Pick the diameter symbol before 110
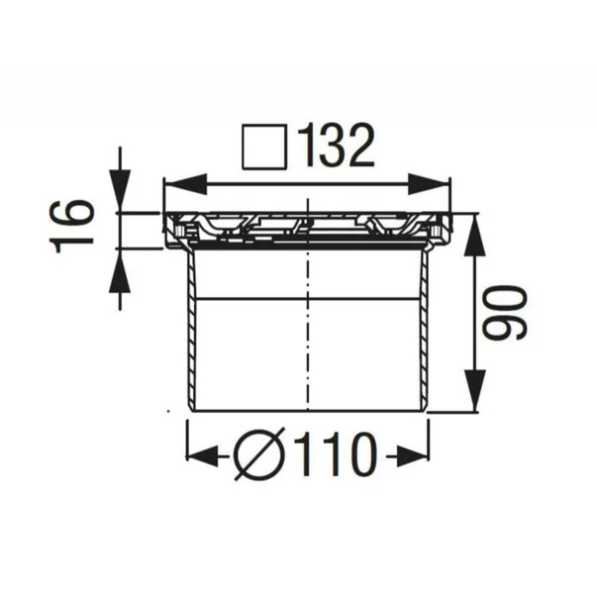coord(260,456)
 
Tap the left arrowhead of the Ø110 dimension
coord(202,456)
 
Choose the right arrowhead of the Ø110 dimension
coord(414,456)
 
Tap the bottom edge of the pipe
coord(308,410)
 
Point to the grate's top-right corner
coord(450,215)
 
